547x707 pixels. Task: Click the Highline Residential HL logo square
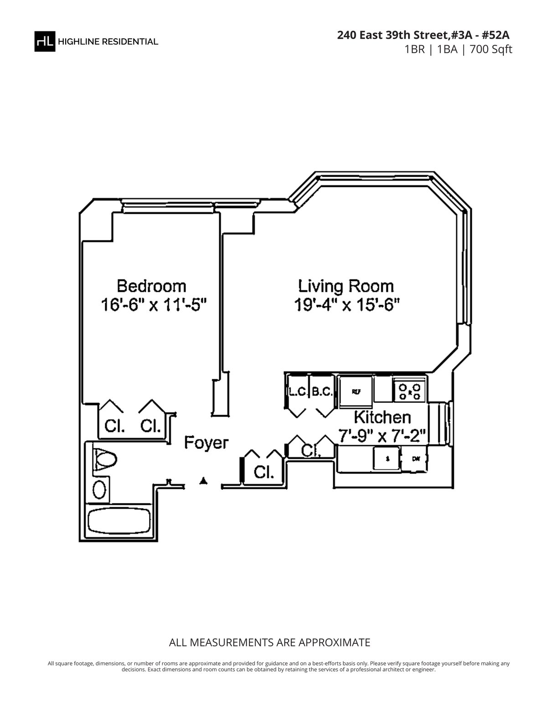[45, 41]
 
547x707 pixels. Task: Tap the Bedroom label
[151, 286]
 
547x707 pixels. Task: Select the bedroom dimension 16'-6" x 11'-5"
[154, 305]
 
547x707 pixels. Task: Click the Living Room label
[346, 286]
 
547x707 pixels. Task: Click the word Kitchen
[382, 417]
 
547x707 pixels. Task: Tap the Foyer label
[206, 443]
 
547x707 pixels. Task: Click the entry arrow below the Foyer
[204, 481]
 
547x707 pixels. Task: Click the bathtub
[119, 522]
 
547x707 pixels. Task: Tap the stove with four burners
[410, 391]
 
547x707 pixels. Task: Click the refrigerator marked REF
[356, 391]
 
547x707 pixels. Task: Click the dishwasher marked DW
[415, 459]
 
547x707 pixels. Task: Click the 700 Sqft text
[491, 49]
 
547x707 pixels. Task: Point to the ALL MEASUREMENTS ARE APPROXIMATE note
[269, 643]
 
